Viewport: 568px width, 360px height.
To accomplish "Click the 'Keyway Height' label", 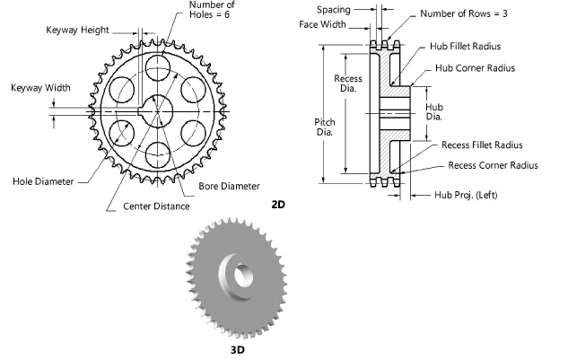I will pos(77,30).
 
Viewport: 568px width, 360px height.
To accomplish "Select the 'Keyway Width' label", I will pos(40,87).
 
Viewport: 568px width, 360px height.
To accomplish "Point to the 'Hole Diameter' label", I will pos(43,180).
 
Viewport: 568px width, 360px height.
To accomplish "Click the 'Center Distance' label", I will pos(156,206).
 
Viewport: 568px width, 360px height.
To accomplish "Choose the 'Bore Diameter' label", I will pos(229,187).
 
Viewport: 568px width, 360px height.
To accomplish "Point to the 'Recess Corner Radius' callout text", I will pos(493,165).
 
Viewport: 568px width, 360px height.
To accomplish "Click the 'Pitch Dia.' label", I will pos(325,126).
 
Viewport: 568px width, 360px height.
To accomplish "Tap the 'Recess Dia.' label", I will pos(348,83).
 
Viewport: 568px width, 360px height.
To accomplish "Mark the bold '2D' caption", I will pos(278,205).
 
